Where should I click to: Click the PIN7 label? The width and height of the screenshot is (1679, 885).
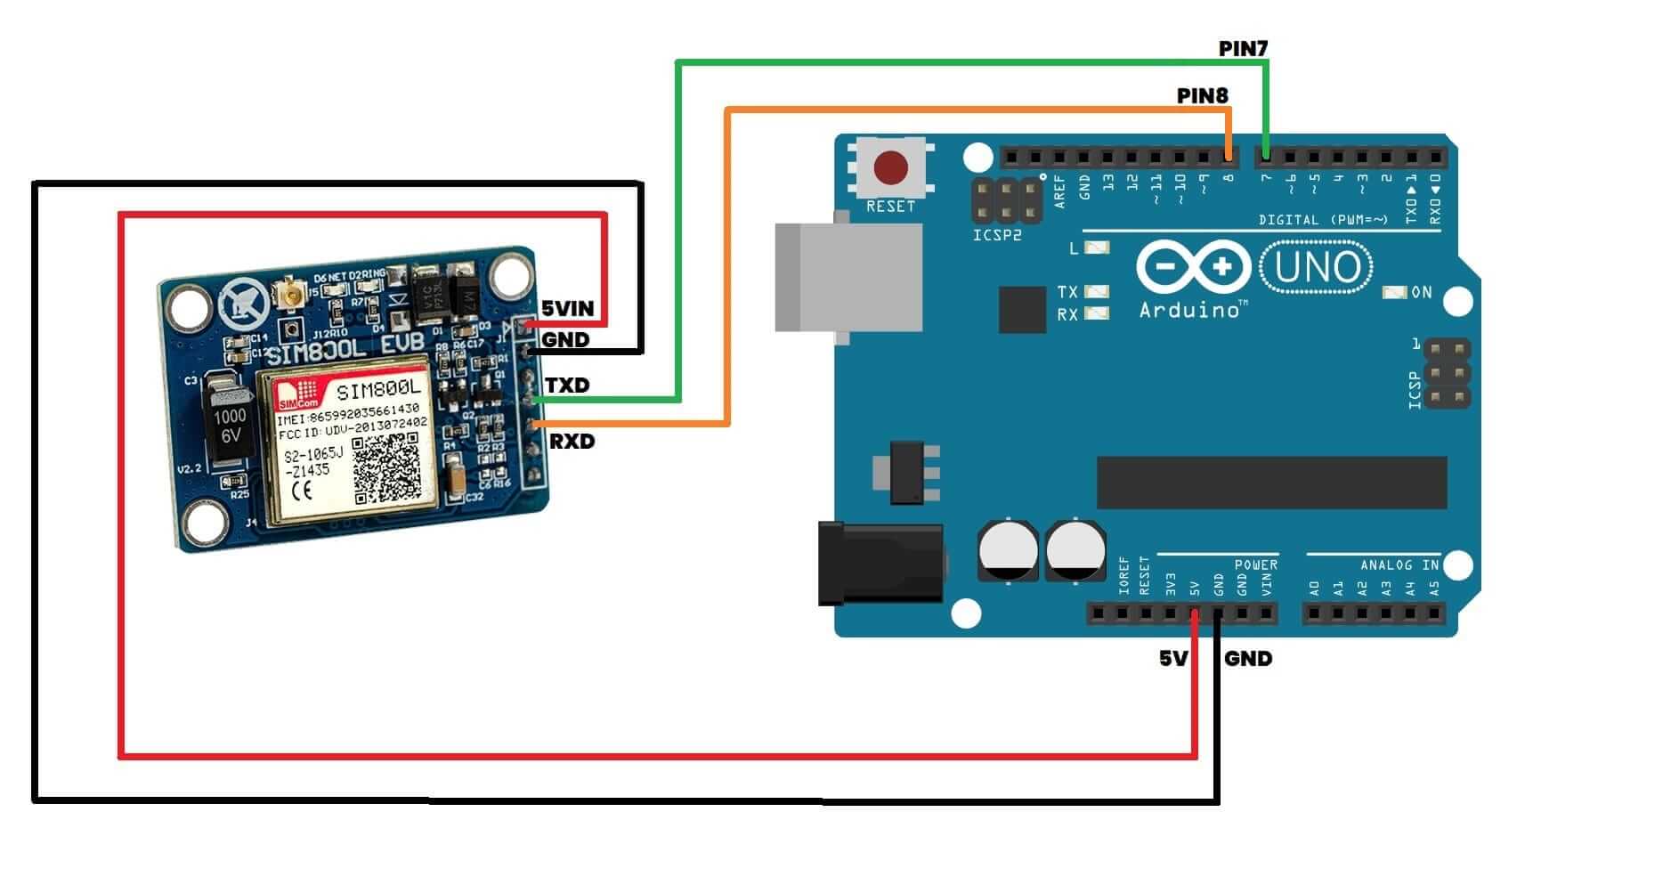pos(1243,49)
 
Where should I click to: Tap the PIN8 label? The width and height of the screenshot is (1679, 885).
pos(1202,95)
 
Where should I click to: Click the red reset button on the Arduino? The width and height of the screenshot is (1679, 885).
pos(890,167)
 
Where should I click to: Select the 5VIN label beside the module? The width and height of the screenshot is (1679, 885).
pos(568,309)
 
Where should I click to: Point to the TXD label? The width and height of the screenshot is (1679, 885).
pos(567,386)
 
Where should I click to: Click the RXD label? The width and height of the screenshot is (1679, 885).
pos(572,442)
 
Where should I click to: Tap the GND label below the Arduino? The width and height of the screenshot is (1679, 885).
pos(1248,659)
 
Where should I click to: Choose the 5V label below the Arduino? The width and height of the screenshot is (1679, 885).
pos(1173,659)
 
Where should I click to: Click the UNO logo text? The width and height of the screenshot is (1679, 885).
pos(1318,267)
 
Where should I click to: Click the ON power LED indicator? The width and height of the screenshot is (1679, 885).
pos(1393,292)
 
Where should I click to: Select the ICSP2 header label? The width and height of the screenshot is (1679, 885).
pos(996,236)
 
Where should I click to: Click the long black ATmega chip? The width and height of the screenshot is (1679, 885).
pos(1271,483)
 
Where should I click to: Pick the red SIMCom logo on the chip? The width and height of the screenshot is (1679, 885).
pos(296,392)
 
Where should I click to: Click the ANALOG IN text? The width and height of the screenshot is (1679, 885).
pos(1399,565)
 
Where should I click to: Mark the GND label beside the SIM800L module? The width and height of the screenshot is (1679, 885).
pos(565,340)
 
